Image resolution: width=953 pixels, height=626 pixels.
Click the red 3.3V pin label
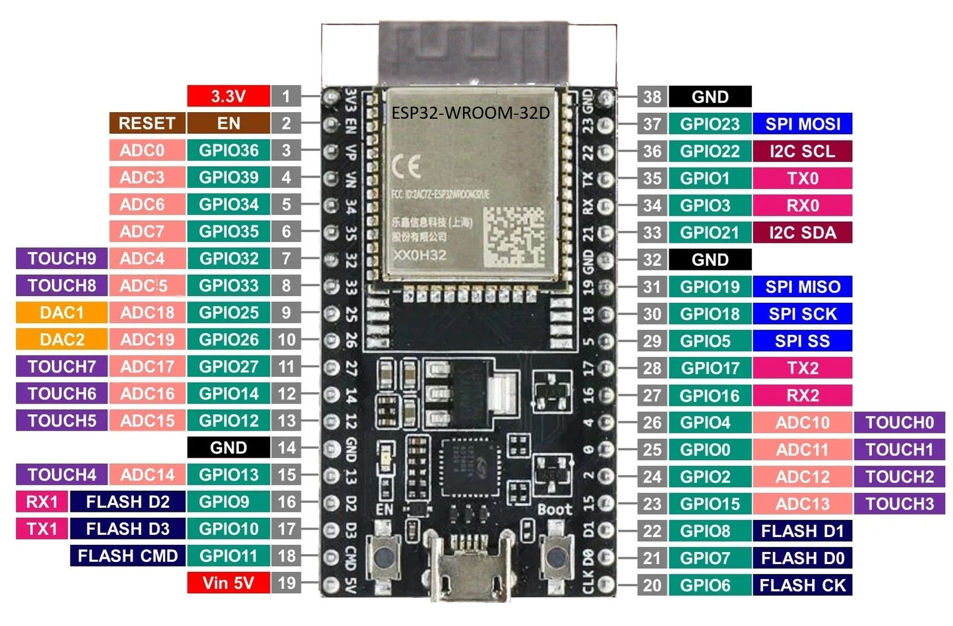228,96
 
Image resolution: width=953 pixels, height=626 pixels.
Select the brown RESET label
146,123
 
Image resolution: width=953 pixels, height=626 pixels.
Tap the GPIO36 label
228,150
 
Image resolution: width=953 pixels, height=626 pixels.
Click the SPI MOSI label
802,124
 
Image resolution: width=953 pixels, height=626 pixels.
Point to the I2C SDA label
802,232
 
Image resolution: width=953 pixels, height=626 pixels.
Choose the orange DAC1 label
61,313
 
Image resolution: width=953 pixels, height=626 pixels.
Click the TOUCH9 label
61,259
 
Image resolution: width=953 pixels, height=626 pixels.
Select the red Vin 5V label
228,583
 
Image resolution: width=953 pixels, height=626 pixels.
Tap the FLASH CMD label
127,556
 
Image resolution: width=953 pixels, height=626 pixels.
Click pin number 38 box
652,97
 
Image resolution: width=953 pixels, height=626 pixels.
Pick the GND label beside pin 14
228,448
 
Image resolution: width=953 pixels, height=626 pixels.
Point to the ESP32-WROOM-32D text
470,113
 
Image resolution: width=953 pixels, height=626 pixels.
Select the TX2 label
802,368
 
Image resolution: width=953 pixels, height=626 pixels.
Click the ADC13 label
802,504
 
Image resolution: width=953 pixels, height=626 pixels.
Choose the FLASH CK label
802,585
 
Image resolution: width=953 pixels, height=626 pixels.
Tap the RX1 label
42,502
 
